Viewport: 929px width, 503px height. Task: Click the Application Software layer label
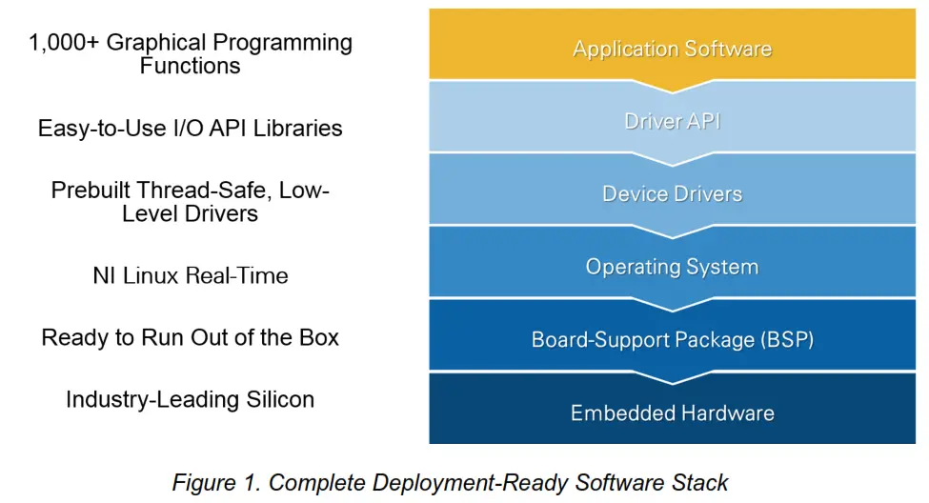pos(672,49)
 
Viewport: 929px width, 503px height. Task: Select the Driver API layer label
pos(672,121)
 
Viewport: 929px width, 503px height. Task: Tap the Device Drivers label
pos(672,193)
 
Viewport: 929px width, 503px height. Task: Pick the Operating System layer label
pos(672,267)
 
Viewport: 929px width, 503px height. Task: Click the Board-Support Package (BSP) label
pos(672,339)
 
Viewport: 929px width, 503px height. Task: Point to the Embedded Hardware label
pos(672,412)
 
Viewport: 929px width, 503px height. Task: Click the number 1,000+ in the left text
pos(64,43)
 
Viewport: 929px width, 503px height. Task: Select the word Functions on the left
pos(191,66)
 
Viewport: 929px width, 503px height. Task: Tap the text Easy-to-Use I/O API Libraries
pos(191,129)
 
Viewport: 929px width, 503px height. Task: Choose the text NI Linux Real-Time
pos(191,275)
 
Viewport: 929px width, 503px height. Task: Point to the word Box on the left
pos(319,337)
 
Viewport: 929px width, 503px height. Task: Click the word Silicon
pos(280,399)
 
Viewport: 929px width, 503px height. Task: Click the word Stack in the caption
pos(699,483)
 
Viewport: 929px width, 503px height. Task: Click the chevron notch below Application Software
pos(672,87)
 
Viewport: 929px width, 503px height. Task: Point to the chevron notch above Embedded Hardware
pos(672,378)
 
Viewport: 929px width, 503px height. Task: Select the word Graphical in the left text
pos(157,43)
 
